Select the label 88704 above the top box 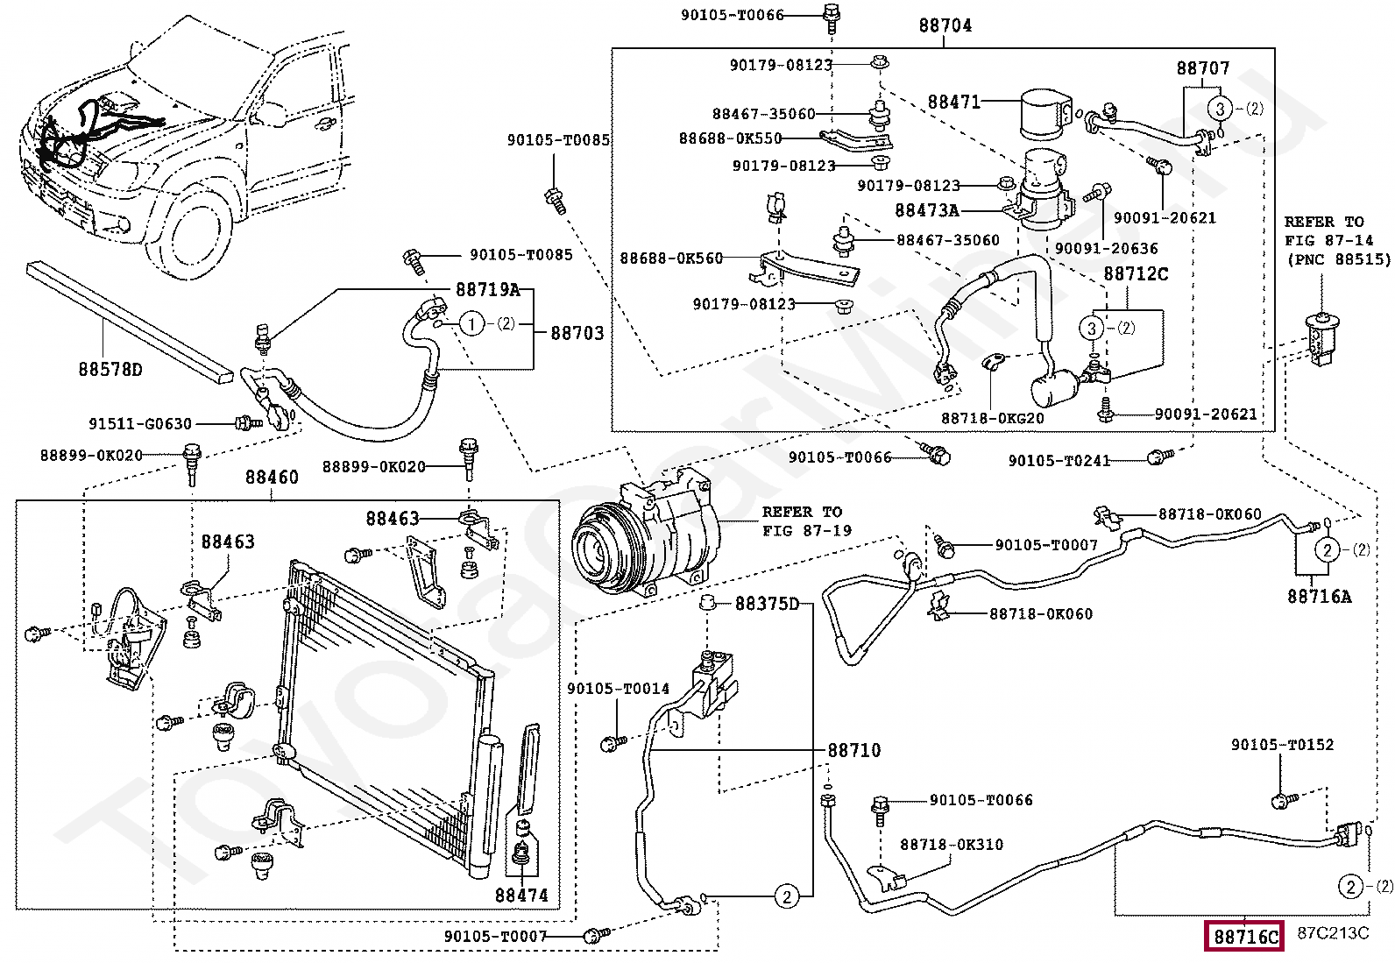coord(945,25)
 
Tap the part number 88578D coord(109,369)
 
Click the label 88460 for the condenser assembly coord(272,478)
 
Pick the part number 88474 coord(521,895)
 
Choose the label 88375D coord(768,604)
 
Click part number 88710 coord(854,750)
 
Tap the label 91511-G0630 coord(139,424)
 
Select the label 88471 coord(953,103)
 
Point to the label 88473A coord(927,210)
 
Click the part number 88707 coord(1202,67)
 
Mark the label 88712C coord(1135,273)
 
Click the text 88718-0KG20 coord(993,418)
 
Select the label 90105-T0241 coord(1059,460)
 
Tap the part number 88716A coord(1319,596)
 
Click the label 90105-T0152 coord(1282,745)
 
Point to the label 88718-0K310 coord(952,845)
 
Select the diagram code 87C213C coord(1333,932)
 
